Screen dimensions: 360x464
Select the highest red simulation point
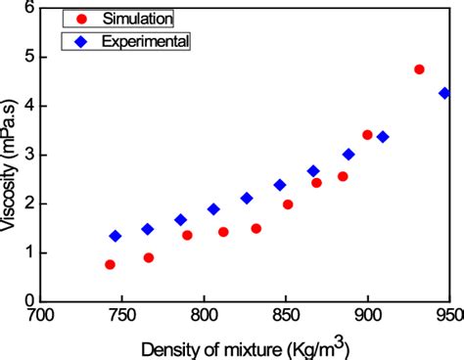tap(419, 69)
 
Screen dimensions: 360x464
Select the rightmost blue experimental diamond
tap(444, 93)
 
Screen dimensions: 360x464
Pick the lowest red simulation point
tap(110, 264)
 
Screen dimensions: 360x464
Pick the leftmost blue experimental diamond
tap(116, 236)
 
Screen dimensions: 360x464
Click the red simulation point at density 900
tap(367, 135)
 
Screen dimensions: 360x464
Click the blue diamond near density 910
tap(383, 137)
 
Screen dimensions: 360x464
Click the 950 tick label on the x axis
tap(447, 316)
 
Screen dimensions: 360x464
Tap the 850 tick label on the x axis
tap(285, 316)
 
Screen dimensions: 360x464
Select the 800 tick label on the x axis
tap(204, 316)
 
